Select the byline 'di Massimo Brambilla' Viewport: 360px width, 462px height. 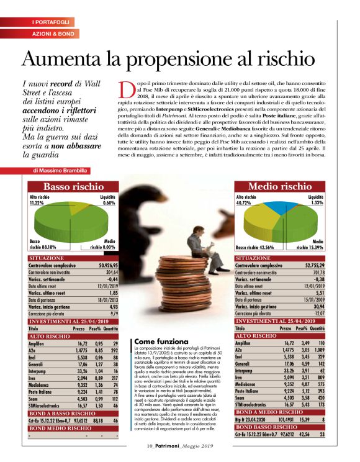tap(60, 170)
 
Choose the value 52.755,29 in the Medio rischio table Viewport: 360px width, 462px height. tap(310, 265)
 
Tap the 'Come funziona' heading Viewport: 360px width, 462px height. tap(161, 342)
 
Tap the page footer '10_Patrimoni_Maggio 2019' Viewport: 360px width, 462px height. tap(180, 445)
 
